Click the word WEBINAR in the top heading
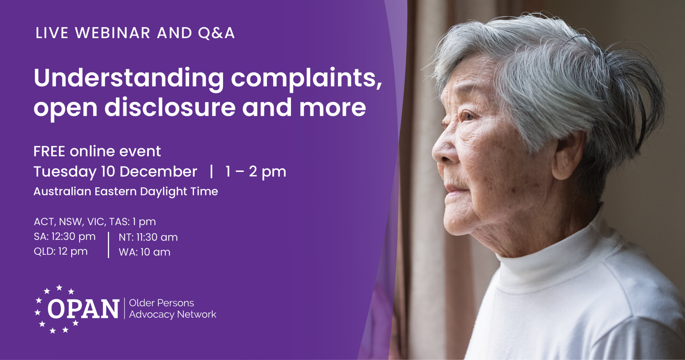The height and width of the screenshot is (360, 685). [113, 33]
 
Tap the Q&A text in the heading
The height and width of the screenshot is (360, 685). [216, 33]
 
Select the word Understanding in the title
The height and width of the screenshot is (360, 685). [129, 78]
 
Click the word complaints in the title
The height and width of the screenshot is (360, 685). [306, 78]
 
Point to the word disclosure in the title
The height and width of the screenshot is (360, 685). [170, 108]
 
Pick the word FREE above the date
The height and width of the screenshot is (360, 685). [49, 152]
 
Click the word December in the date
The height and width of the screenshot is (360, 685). [158, 172]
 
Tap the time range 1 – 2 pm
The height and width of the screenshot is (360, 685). [256, 172]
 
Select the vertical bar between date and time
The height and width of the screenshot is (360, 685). [211, 172]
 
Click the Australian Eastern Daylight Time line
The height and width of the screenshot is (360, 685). [126, 191]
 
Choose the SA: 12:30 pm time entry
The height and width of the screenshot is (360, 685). [65, 237]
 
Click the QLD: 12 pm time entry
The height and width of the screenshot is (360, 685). [61, 251]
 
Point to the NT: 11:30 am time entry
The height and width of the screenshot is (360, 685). [148, 237]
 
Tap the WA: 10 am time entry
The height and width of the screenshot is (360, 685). [144, 252]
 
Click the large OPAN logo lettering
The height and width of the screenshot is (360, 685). [83, 309]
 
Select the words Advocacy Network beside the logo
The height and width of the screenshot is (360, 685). [173, 314]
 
